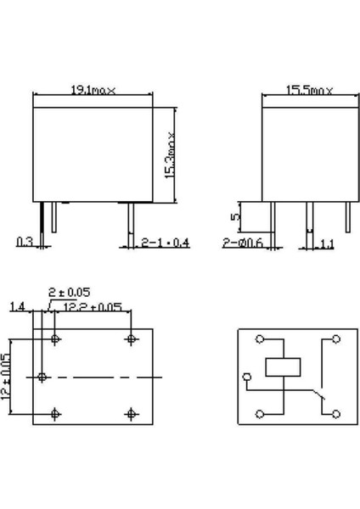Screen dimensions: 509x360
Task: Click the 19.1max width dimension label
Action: [94, 88]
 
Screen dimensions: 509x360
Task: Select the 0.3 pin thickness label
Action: [25, 242]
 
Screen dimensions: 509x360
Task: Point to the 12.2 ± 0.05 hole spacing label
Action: [93, 306]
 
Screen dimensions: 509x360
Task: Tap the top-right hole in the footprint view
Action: [132, 338]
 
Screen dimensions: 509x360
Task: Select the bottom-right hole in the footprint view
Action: [132, 413]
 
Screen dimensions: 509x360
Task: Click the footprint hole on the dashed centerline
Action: [41, 376]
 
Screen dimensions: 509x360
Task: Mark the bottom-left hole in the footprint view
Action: [56, 413]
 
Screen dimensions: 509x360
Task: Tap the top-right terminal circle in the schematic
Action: [337, 338]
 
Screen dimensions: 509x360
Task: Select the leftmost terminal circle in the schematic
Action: [246, 376]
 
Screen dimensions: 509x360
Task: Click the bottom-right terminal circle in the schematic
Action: [337, 413]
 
